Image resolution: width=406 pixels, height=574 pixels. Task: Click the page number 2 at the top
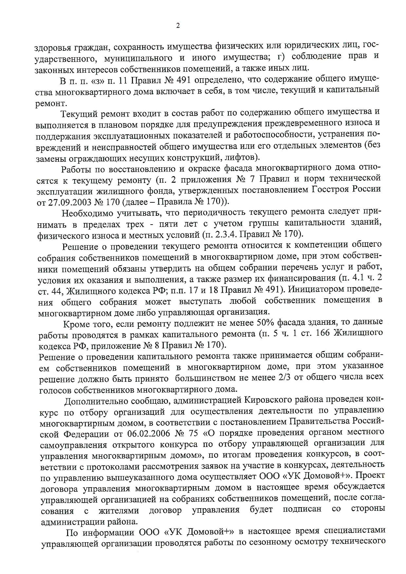[x=178, y=26]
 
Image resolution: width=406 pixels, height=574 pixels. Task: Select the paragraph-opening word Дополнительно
[x=96, y=401]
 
